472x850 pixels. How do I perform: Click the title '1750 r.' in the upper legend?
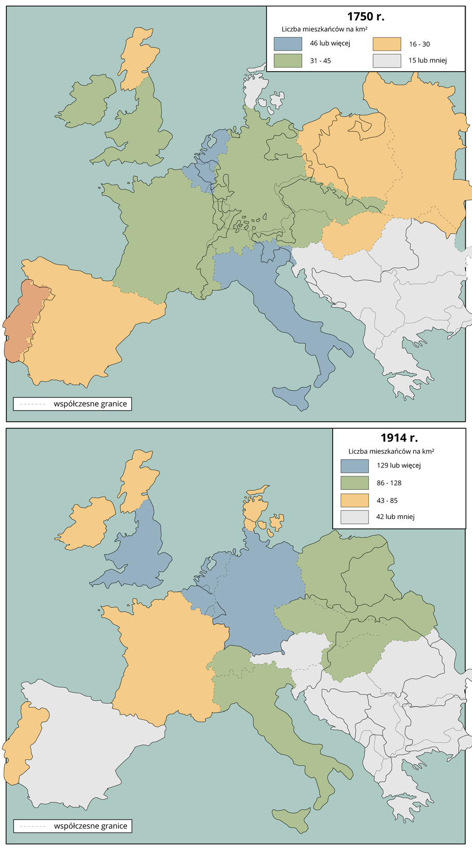pos(366,16)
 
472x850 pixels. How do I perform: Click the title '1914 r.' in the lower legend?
pos(399,438)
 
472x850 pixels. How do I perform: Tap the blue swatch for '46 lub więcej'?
pos(288,44)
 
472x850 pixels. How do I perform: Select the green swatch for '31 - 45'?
pos(288,61)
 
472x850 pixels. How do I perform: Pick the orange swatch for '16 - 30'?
pos(386,44)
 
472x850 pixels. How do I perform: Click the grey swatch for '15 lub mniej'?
pos(386,61)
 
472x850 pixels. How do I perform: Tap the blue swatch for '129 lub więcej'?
pos(355,466)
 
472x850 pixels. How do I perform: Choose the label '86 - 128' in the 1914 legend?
pos(389,483)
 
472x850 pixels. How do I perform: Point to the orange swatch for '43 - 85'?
pos(355,500)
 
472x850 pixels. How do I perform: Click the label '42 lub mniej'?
pos(395,516)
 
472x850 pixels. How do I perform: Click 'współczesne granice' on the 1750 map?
pos(90,404)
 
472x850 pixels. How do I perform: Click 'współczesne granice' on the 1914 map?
pos(90,826)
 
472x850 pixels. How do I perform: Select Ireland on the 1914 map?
pos(88,523)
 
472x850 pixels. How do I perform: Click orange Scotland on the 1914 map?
pos(136,478)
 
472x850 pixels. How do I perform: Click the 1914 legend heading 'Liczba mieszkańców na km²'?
pos(391,452)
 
